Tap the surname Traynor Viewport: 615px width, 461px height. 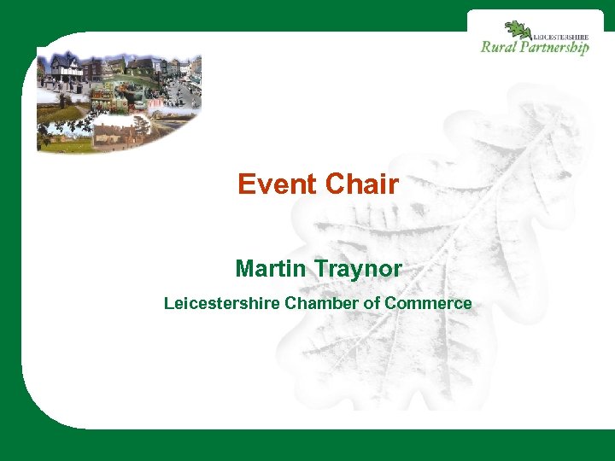358,270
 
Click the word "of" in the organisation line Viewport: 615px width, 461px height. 372,303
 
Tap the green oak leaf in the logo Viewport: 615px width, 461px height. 517,30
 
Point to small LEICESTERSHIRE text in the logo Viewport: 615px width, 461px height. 561,36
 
